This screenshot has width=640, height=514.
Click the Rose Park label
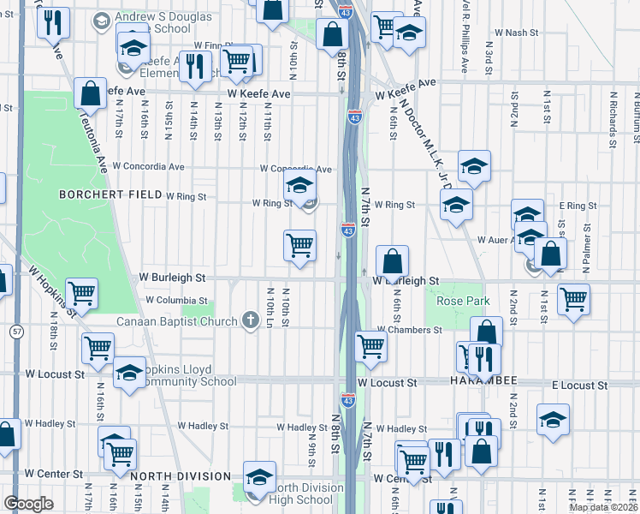(x=463, y=301)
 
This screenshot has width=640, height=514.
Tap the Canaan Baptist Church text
(x=176, y=322)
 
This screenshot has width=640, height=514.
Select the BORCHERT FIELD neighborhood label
(x=110, y=194)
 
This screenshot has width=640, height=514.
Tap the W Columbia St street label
(x=177, y=301)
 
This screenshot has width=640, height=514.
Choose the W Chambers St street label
(x=411, y=330)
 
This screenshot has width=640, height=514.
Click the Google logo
(x=28, y=504)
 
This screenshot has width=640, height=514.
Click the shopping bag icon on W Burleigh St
(x=392, y=260)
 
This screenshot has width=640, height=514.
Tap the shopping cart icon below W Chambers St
(x=370, y=346)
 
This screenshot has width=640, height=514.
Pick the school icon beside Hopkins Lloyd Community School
(x=130, y=374)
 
